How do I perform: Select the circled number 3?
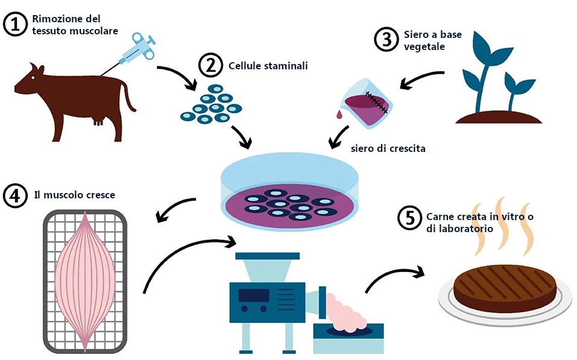385,40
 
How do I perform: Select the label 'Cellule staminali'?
268,66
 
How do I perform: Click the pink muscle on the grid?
85,280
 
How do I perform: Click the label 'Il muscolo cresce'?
75,195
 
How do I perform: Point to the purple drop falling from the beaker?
340,113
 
